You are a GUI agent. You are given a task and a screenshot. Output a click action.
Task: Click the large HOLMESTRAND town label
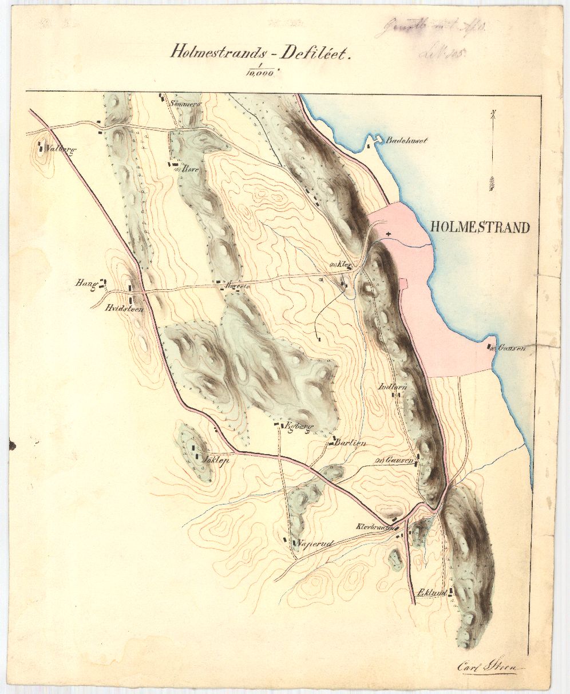(480, 227)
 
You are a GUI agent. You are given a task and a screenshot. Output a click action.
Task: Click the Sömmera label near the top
(185, 104)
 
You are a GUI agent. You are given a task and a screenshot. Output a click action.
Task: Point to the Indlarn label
(393, 387)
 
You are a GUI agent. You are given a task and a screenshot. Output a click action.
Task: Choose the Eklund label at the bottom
(432, 593)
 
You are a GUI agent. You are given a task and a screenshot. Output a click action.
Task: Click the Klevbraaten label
(374, 526)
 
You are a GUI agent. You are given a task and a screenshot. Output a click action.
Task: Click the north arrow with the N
(493, 149)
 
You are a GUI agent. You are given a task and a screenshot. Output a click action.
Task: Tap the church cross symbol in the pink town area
(389, 234)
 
